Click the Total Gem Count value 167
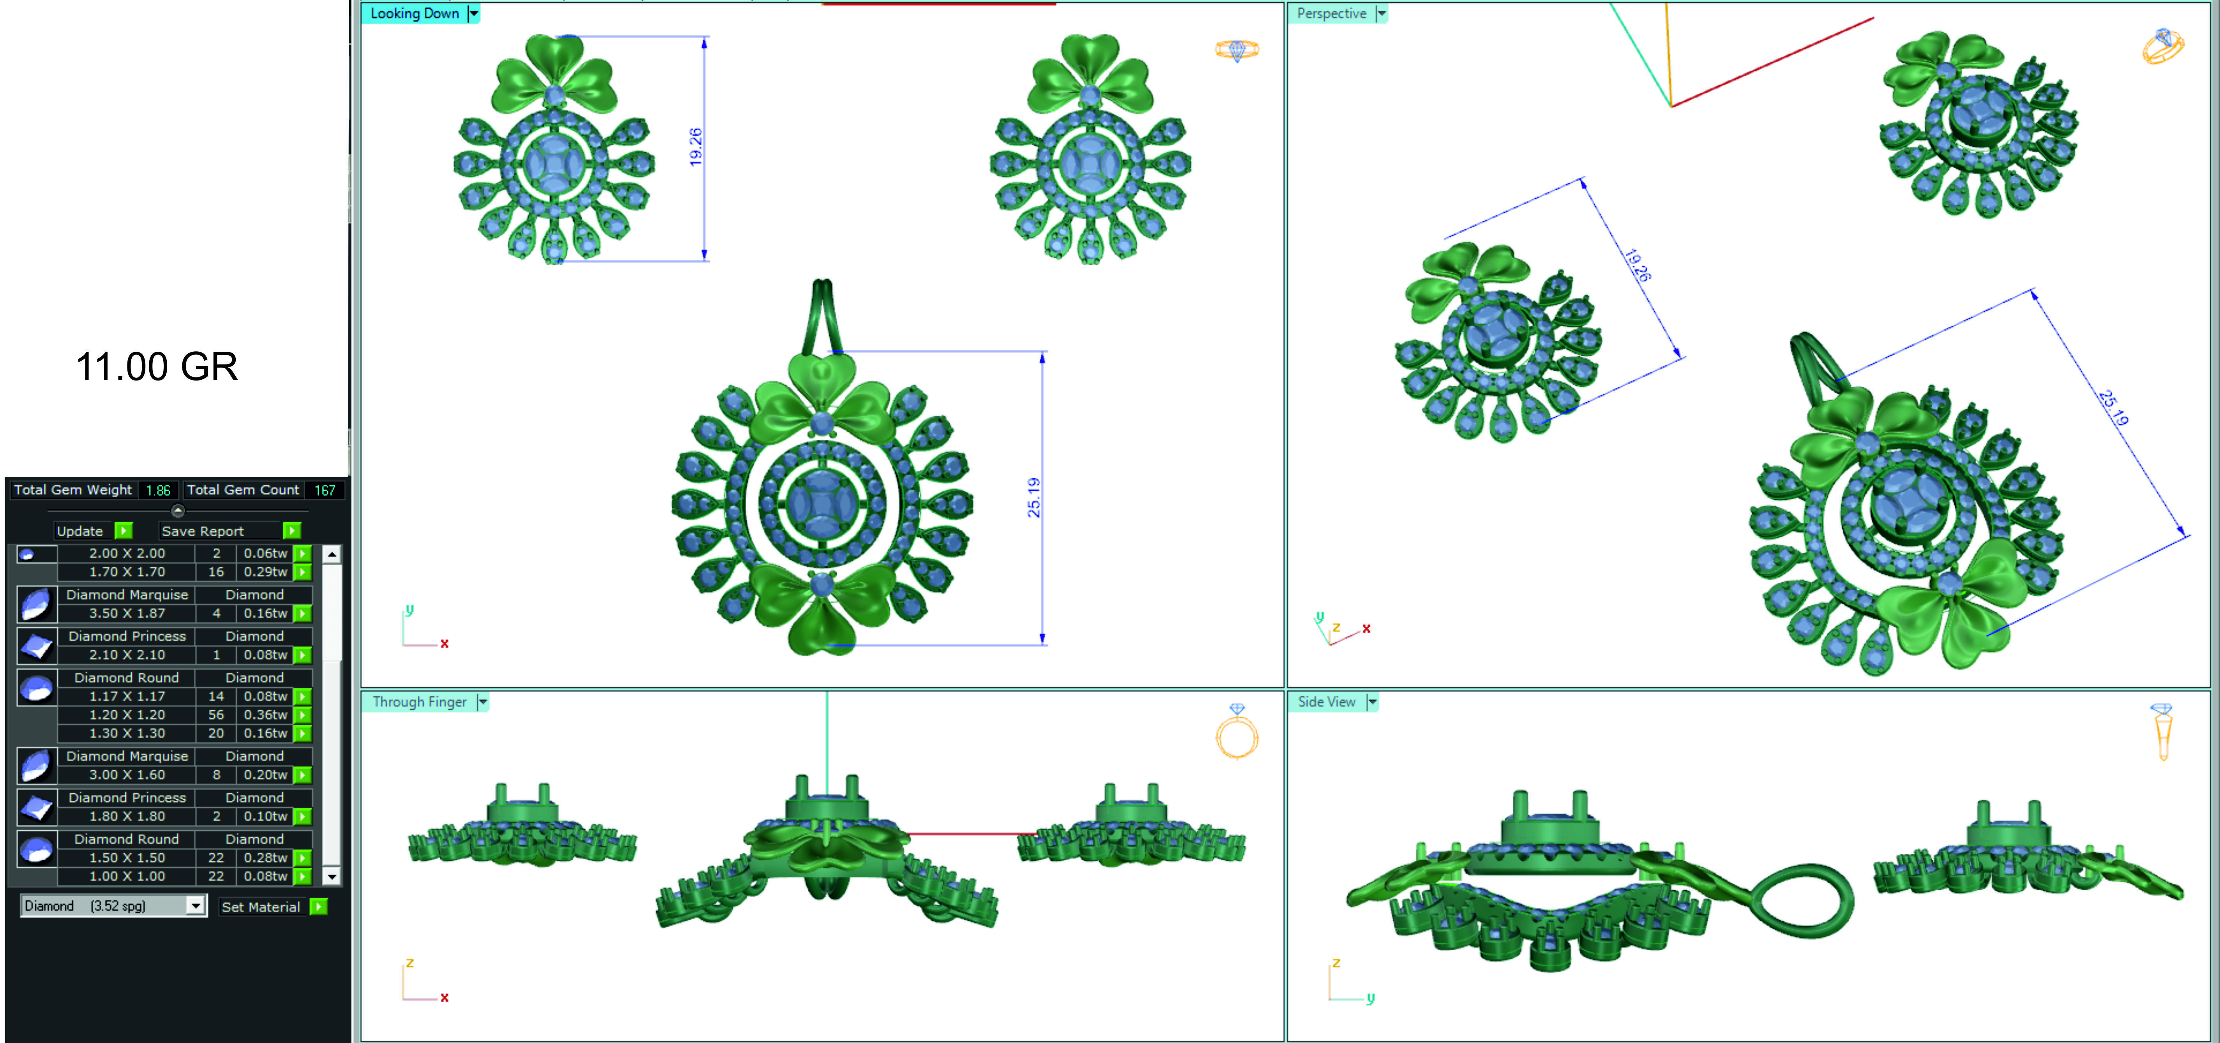[x=324, y=490]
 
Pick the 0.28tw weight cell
[x=265, y=858]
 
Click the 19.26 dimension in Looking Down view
[x=696, y=146]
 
